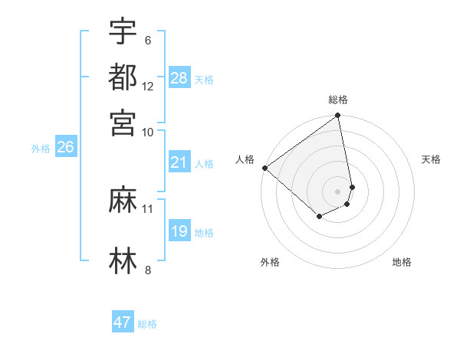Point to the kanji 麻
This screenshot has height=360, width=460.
(x=123, y=201)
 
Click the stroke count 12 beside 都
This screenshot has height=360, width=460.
(x=148, y=87)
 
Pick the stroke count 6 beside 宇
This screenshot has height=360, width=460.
(x=147, y=41)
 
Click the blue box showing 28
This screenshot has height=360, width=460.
(x=179, y=78)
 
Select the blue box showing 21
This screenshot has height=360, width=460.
(x=179, y=162)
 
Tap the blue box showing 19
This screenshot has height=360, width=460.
(x=179, y=231)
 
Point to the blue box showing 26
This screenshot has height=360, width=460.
(x=65, y=147)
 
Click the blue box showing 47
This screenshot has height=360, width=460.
(x=123, y=322)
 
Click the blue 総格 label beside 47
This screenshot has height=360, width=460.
(x=147, y=324)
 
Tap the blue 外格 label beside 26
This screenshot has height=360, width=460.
(x=40, y=149)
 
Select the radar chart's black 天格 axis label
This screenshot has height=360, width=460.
(x=432, y=159)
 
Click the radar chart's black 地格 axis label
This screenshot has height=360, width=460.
(x=402, y=263)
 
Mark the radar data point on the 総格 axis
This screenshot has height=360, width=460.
(x=337, y=116)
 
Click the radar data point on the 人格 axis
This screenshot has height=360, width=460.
(x=264, y=168)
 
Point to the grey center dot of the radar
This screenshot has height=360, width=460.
(x=337, y=191)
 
